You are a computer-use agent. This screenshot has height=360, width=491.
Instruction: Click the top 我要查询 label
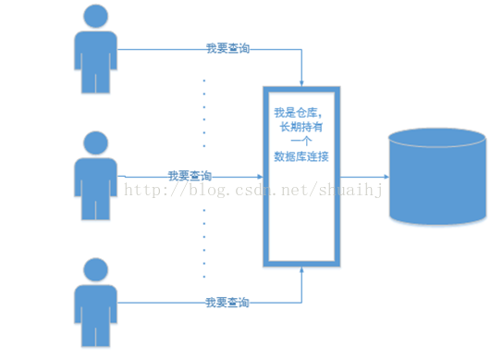pos(227,48)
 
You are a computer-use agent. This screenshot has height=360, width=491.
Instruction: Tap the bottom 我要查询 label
pos(227,302)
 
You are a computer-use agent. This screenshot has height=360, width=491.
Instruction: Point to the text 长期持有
pos(301,127)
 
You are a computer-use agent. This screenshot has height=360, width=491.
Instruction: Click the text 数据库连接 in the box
pos(302,156)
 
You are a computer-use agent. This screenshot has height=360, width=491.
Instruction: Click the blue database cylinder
pos(437,185)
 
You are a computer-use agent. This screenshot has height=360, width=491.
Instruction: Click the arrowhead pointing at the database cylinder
pos(384,176)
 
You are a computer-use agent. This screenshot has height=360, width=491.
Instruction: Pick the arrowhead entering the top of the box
pos(302,82)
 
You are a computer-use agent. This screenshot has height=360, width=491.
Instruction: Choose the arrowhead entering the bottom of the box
pos(302,272)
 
